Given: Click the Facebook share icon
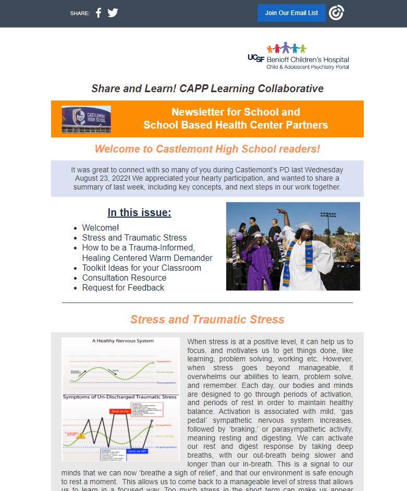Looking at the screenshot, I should tap(98, 13).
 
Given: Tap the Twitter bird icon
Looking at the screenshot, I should tap(113, 13).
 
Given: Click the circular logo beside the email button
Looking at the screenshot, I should tap(337, 13).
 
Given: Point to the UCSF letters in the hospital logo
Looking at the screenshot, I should tap(256, 59).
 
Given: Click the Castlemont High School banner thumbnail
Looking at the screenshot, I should tap(86, 119).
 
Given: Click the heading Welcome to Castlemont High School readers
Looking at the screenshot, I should tap(207, 149).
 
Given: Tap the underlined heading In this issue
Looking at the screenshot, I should tap(139, 212).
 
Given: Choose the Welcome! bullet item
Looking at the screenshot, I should tap(101, 228).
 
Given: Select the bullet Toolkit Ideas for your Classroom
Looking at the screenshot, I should tap(141, 268).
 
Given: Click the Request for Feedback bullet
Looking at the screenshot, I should tap(123, 287).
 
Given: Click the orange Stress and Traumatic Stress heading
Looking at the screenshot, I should tap(207, 319).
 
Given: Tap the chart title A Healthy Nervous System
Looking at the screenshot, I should tap(123, 341).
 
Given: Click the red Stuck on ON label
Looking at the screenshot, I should tap(120, 411).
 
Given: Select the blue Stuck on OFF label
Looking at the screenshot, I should tap(137, 451).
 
